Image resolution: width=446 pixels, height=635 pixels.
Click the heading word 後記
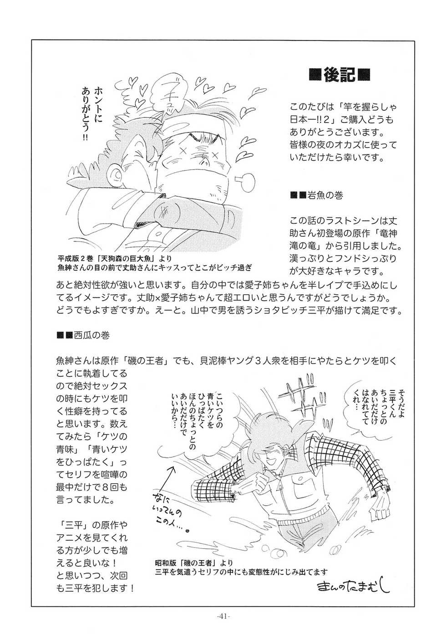(339, 74)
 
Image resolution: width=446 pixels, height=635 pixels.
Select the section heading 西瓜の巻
(93, 335)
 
